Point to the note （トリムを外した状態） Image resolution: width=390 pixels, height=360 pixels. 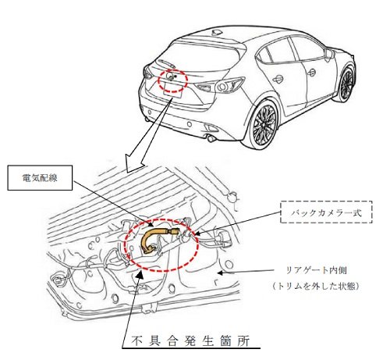(316, 286)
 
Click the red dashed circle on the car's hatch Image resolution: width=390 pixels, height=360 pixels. (172, 80)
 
